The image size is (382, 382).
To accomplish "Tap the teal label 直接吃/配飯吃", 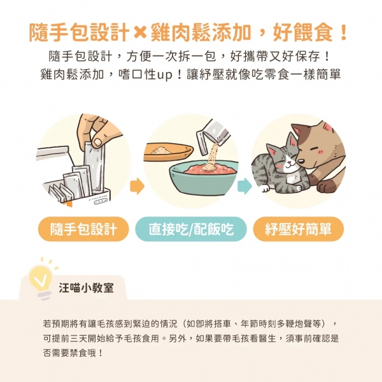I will [191, 229].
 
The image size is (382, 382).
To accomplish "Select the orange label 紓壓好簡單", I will [298, 229].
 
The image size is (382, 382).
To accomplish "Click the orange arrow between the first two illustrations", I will [136, 187].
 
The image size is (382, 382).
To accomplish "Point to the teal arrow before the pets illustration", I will [244, 187].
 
